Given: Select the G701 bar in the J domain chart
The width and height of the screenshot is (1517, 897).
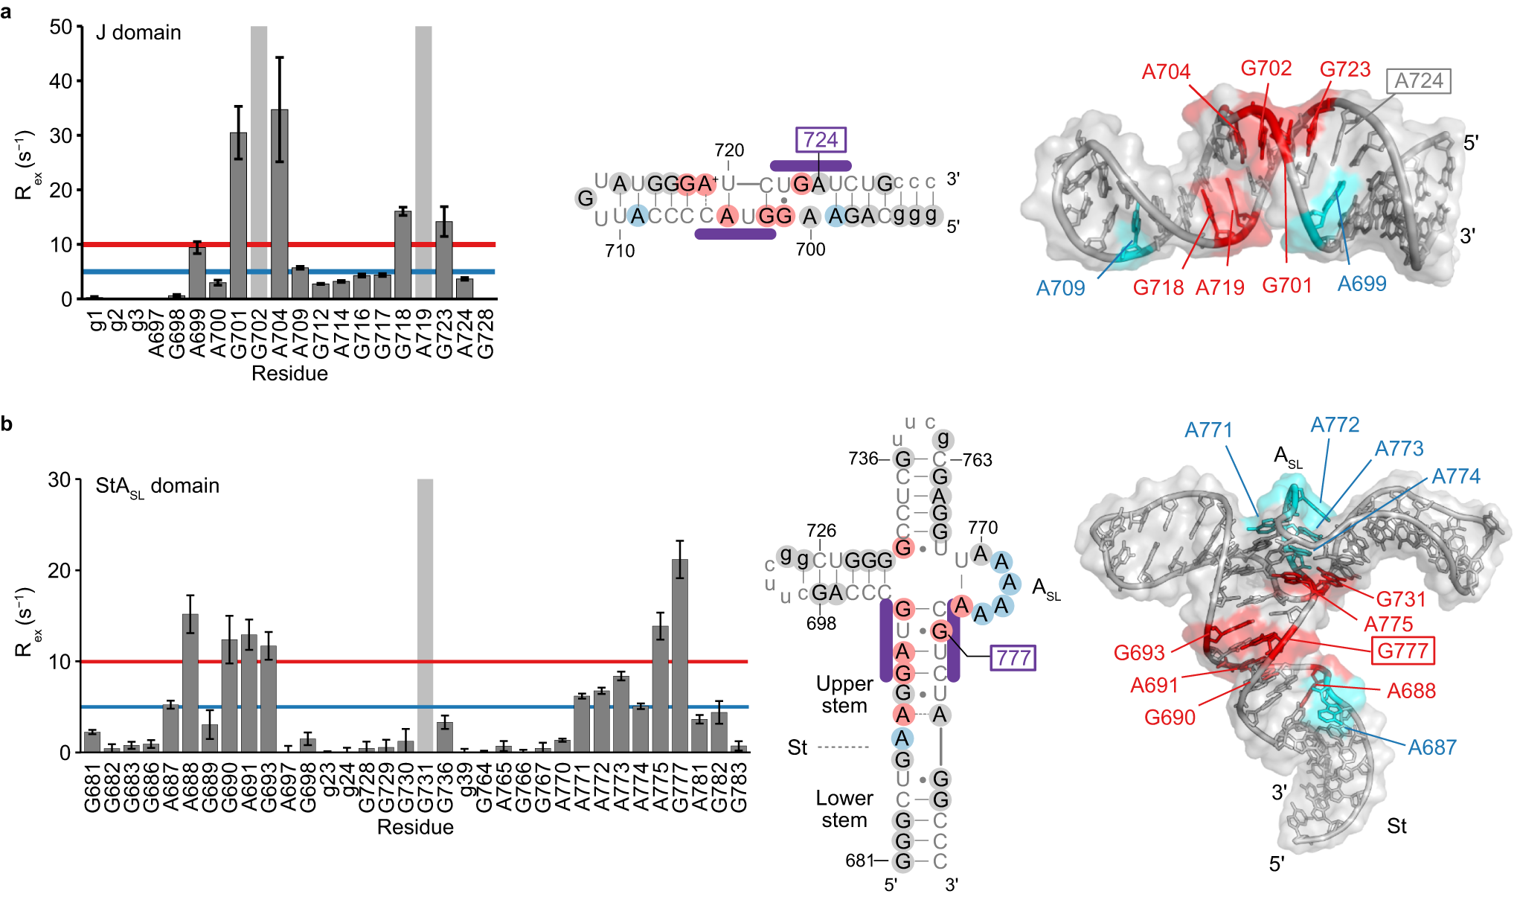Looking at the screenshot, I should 238,216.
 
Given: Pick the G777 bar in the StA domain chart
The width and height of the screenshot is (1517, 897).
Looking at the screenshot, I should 679,655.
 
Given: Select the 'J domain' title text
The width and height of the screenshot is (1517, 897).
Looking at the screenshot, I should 138,33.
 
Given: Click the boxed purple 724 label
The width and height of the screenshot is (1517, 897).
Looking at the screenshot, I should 821,140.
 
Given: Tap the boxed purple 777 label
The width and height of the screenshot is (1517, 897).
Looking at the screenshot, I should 1013,658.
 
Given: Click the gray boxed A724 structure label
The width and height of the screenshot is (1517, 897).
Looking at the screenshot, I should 1418,80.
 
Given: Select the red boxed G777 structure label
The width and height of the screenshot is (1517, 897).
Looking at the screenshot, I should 1402,651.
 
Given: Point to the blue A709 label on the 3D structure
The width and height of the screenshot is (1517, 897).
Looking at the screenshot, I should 1060,288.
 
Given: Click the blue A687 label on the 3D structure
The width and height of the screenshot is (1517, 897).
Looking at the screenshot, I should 1431,747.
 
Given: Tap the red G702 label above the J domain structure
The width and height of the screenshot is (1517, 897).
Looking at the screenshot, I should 1266,68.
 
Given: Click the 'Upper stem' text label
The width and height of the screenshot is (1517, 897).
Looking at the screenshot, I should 844,695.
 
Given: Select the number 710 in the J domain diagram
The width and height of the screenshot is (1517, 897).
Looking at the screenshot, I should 620,251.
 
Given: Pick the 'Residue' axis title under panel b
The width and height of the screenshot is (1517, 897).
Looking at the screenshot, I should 415,827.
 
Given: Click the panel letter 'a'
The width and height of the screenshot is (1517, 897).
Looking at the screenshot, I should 7,11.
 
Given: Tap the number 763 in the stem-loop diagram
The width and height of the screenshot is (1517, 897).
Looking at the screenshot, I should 977,460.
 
